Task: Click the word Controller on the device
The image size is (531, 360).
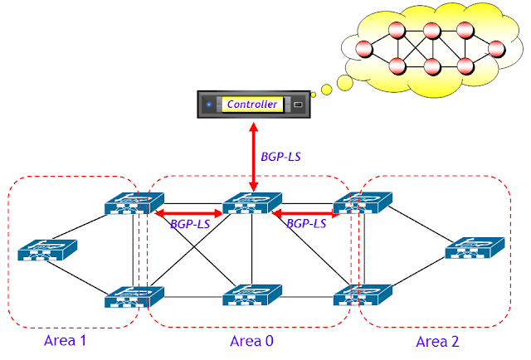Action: coord(252,105)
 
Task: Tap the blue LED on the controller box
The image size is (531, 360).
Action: coord(209,105)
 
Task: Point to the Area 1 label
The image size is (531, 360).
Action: coord(66,341)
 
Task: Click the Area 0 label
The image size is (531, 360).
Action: coord(251,341)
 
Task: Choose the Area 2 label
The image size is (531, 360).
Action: coord(437,341)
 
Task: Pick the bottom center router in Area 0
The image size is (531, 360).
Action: coord(251,297)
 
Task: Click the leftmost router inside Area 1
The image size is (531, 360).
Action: coord(47,251)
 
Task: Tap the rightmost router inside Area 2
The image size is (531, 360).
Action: coord(475,249)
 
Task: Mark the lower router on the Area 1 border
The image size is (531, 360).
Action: coord(134,297)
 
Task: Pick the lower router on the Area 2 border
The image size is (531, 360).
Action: coord(363,297)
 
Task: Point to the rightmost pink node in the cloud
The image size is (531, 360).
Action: coord(497,48)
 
